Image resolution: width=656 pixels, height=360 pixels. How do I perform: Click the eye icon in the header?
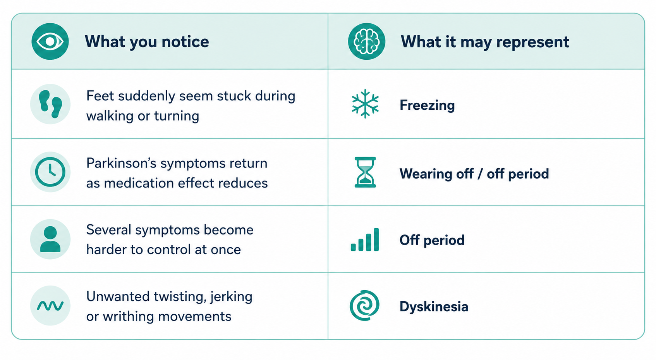click(50, 41)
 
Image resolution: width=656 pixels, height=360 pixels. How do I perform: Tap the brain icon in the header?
click(366, 41)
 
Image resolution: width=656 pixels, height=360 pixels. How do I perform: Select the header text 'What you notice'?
click(147, 41)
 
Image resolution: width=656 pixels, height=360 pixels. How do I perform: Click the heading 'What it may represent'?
click(485, 41)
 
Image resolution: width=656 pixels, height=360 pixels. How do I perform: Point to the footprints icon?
click(50, 104)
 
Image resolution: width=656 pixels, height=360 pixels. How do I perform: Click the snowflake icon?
click(365, 104)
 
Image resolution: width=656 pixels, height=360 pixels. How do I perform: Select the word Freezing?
click(427, 105)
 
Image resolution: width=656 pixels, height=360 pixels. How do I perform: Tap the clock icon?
click(50, 172)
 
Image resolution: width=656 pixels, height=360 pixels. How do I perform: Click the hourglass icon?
click(365, 172)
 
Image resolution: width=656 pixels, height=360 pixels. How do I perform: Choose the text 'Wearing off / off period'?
click(474, 174)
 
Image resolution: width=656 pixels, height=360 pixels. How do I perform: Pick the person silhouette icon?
click(50, 239)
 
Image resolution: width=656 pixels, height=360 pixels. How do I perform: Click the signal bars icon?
click(365, 239)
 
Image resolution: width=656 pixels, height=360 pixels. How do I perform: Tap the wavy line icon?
click(50, 306)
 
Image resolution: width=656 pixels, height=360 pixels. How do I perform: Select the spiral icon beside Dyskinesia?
click(365, 305)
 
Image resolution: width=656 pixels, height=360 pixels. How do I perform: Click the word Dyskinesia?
click(434, 307)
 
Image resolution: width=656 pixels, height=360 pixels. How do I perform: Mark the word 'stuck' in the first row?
click(234, 96)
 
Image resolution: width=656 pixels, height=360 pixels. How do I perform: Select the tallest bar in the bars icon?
click(376, 239)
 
